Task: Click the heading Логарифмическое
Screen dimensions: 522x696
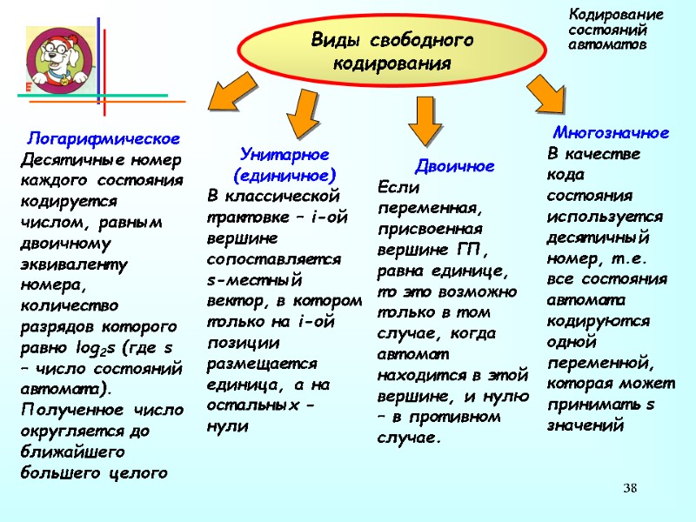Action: (x=104, y=138)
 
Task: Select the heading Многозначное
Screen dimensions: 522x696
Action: (x=611, y=133)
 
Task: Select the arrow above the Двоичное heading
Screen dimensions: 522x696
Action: (x=424, y=120)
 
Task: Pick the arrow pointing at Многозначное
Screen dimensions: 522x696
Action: (x=545, y=94)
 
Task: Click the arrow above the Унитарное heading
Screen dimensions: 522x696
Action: (x=302, y=116)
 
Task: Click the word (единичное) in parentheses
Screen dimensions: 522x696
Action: (x=284, y=173)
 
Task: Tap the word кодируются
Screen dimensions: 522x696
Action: (x=598, y=320)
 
